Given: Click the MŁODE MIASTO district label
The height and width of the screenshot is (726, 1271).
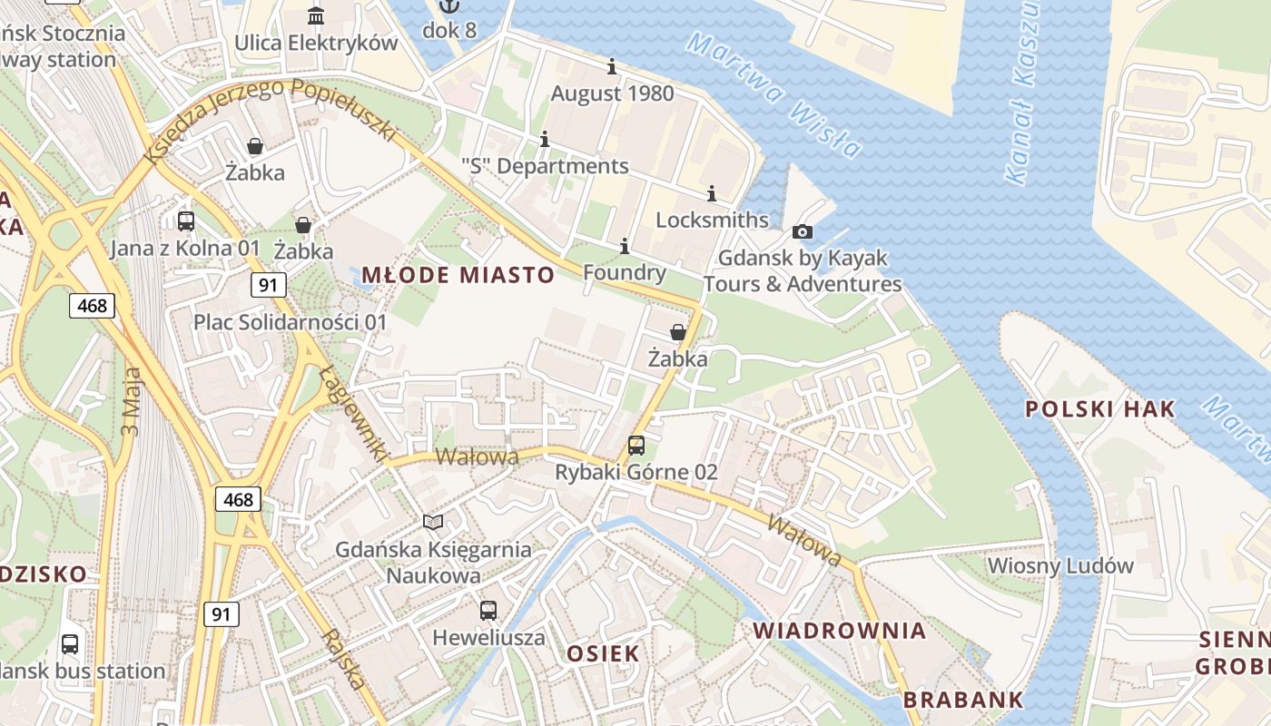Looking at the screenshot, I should click(458, 275).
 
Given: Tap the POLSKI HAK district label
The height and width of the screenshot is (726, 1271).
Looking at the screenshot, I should click(1099, 408).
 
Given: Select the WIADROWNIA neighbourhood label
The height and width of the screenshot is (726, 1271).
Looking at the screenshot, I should click(839, 631).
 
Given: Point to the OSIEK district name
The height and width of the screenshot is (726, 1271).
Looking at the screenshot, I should click(603, 653).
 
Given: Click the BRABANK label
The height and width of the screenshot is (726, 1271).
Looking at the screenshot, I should click(963, 700).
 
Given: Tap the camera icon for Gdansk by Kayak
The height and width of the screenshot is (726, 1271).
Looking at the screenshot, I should click(803, 232).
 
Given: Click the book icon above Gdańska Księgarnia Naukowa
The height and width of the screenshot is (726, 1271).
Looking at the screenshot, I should click(434, 522).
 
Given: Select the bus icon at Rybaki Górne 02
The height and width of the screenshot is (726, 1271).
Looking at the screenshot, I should click(636, 446).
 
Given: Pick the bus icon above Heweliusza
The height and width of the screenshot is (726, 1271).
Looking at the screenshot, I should click(488, 610).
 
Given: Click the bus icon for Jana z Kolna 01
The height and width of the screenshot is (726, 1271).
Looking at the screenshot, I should click(186, 221).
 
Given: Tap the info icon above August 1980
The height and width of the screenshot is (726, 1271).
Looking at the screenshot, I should click(612, 66).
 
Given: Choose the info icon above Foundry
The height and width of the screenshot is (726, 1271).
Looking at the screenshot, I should click(625, 246).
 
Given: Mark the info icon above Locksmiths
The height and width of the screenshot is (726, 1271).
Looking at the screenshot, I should click(712, 193).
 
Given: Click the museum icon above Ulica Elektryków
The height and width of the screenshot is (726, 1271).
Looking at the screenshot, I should click(316, 16).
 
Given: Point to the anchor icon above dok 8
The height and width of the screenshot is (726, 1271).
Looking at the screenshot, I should click(448, 5).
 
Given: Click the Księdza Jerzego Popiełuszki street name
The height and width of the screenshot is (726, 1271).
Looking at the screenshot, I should click(272, 113).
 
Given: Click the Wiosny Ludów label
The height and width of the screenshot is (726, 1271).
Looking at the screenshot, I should click(1060, 565).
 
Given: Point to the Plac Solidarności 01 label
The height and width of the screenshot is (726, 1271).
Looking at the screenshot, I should click(290, 322).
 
